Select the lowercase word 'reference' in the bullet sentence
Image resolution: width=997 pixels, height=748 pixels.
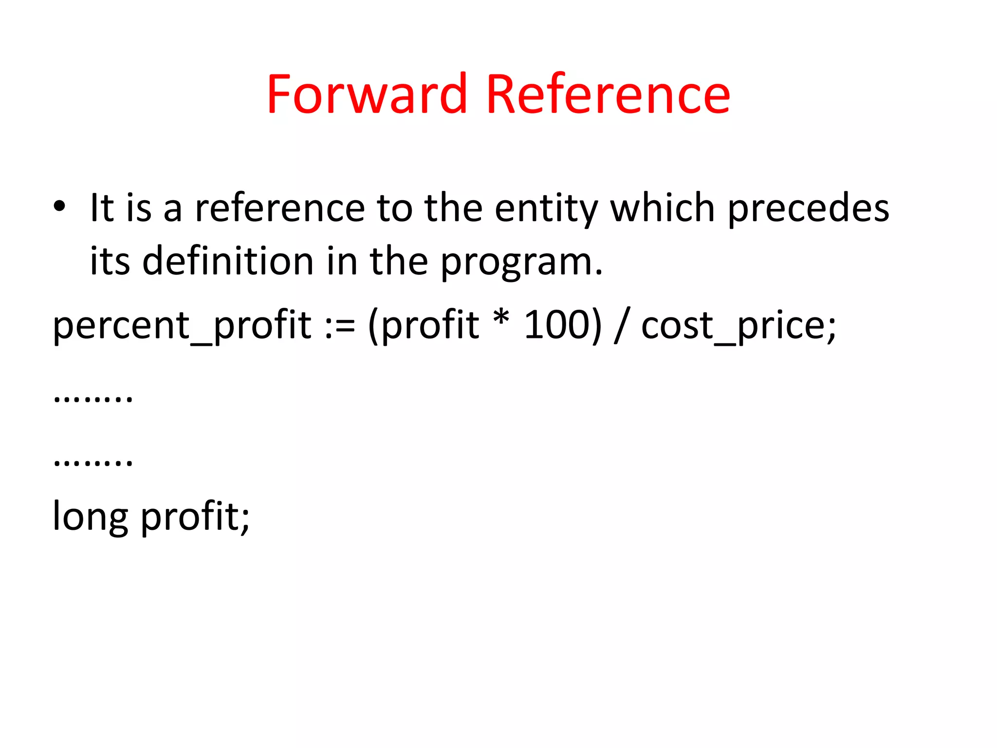pos(280,208)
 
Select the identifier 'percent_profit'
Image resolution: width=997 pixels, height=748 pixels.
pos(182,326)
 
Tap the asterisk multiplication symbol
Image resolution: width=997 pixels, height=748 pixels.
pos(501,319)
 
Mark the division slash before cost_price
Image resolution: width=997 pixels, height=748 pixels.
pos(620,326)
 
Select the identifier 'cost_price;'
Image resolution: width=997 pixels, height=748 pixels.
pos(738,327)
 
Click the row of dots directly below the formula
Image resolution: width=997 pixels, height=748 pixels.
pos(92,399)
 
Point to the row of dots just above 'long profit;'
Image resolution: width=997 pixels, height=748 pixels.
pos(92,462)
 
